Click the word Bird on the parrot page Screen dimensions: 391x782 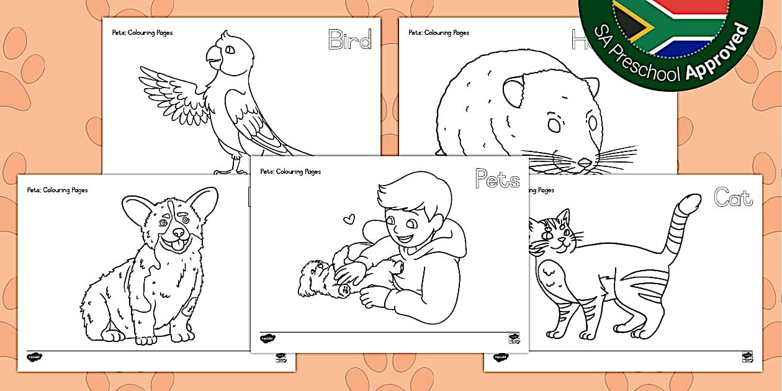point(349,40)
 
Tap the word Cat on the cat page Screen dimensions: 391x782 point(733,197)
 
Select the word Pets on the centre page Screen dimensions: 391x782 point(497,179)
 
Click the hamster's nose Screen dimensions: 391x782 point(585,163)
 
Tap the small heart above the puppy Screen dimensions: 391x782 point(350,218)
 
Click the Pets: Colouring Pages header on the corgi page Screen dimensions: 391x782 point(57,190)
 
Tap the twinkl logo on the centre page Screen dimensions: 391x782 point(267,338)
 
